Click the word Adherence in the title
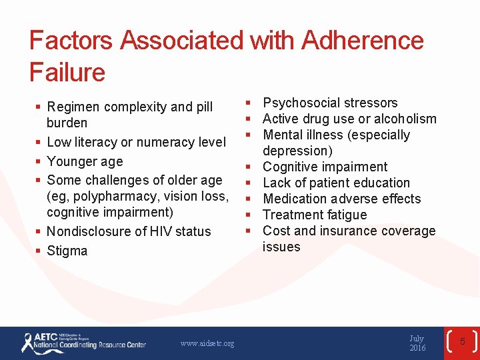362,41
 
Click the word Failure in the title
67,72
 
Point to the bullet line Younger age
85,161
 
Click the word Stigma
67,251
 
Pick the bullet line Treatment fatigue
315,215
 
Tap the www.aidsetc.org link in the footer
207,343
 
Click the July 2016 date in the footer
417,343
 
